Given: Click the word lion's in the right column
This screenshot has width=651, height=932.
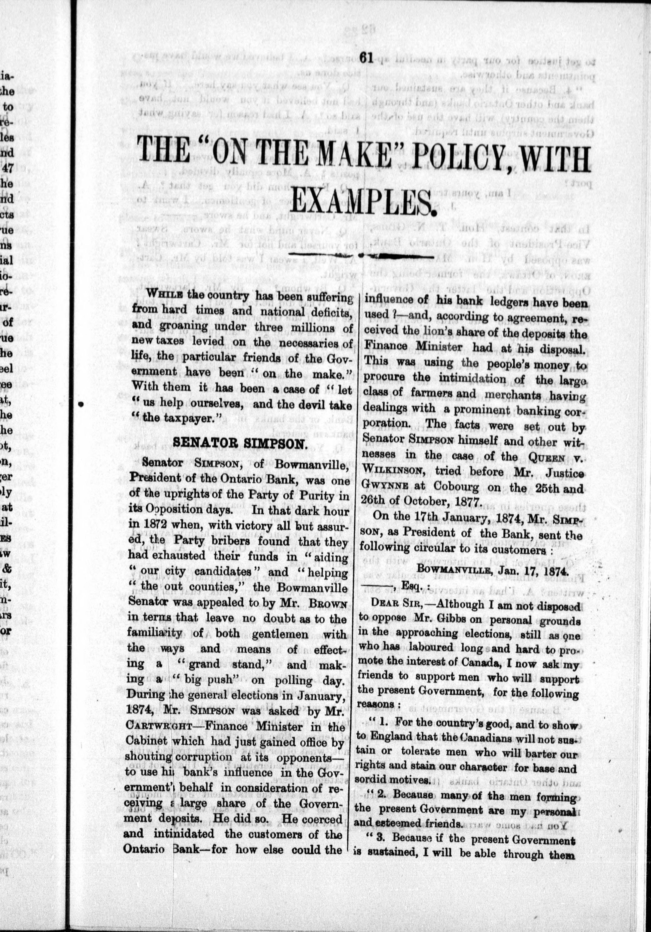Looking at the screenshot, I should click(x=440, y=335).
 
